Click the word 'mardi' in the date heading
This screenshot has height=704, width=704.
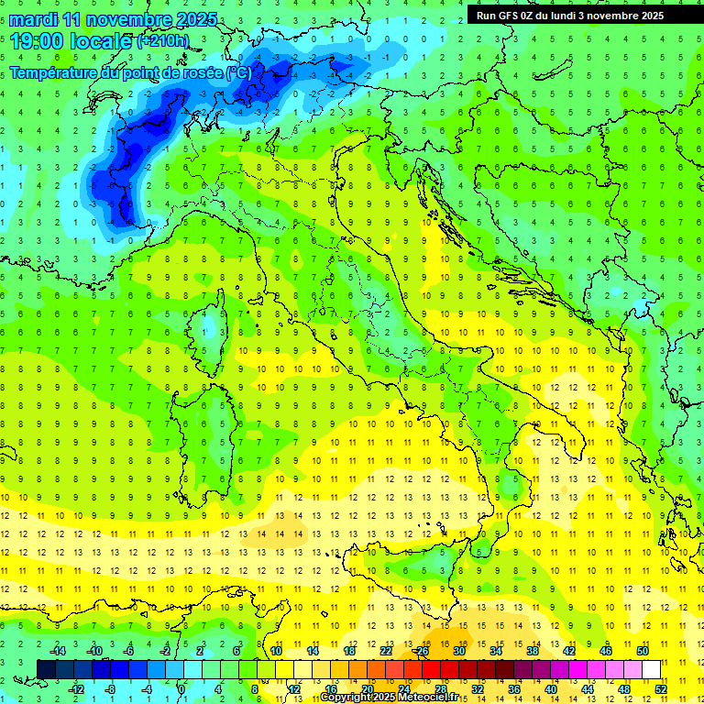pos(32,19)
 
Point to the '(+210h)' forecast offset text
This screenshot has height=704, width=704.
pos(164,41)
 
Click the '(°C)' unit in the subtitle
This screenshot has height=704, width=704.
pos(237,72)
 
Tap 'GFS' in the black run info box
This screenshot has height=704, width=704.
pos(511,16)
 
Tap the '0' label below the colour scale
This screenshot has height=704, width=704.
pos(181,688)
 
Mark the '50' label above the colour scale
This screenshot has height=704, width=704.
pos(643,652)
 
